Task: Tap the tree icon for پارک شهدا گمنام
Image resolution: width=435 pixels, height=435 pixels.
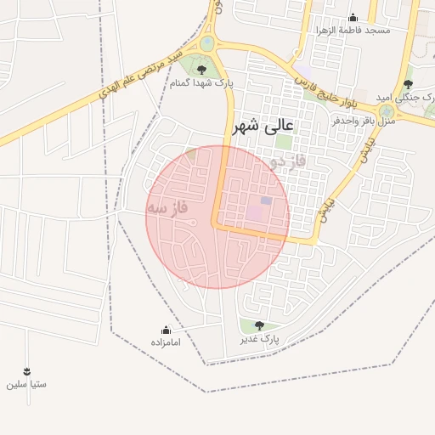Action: coord(201,71)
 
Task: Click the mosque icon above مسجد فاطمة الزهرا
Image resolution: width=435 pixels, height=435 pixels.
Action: coord(353,18)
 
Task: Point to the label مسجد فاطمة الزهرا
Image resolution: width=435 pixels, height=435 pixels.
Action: coord(353,31)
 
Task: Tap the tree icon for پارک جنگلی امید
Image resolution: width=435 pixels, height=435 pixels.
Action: coord(409,83)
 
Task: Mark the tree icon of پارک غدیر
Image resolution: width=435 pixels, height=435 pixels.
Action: coord(258,325)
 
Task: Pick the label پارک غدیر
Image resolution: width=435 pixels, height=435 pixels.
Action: coord(259,339)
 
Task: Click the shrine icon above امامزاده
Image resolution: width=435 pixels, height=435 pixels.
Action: coord(166,330)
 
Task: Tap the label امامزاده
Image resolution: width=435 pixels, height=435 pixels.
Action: coord(166,342)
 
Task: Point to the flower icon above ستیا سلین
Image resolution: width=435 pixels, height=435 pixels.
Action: coord(26,371)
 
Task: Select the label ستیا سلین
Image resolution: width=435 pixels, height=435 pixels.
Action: coord(26,384)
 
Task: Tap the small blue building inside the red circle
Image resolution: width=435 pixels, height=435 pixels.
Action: coord(266,201)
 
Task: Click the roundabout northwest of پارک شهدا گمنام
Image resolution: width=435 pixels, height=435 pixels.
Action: coord(208,42)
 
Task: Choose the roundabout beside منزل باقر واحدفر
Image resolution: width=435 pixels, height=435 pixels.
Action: coord(387,110)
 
